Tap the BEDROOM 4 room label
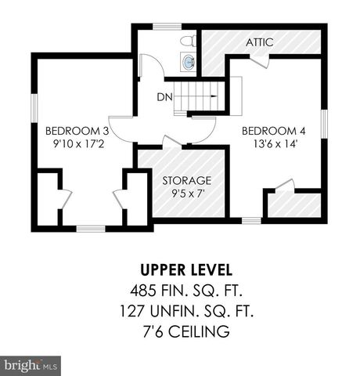point(268,130)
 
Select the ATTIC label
point(259,42)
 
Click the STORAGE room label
point(187,180)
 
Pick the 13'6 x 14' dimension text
point(268,145)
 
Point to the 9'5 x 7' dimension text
point(187,195)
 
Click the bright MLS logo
point(31,364)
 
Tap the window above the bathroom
point(166,27)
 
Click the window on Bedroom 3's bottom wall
point(91,228)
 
